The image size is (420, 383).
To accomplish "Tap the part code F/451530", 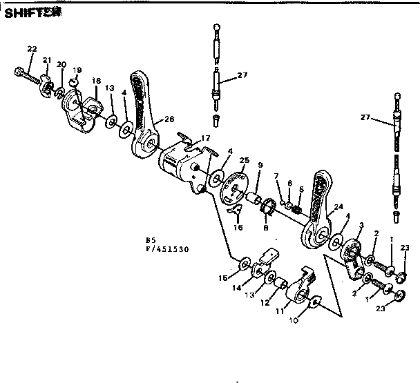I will click(x=167, y=248).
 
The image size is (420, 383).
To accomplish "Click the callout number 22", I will click(x=32, y=48).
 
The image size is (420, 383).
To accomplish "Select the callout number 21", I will click(x=47, y=60).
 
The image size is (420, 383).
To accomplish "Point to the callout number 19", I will click(x=77, y=70).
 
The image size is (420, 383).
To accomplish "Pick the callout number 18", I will click(x=96, y=81).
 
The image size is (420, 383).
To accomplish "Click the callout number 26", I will click(x=169, y=119).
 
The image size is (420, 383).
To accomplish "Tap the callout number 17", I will click(x=205, y=138).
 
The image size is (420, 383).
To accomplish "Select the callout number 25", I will click(x=244, y=160).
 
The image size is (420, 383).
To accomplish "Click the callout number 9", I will click(x=260, y=165).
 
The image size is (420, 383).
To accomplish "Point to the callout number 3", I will click(x=361, y=225).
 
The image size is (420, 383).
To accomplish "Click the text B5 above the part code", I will click(x=150, y=240).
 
